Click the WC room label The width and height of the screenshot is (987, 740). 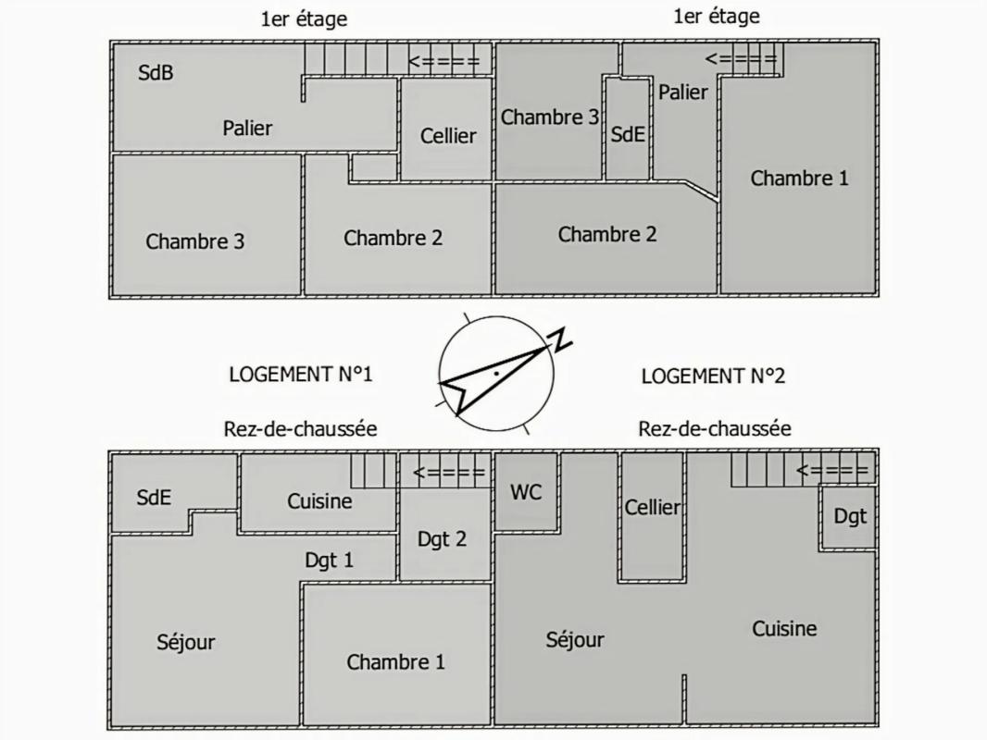click(526, 492)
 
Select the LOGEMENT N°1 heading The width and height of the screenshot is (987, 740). click(300, 375)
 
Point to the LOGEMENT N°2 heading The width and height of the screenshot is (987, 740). click(713, 376)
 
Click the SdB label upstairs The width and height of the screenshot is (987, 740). click(156, 72)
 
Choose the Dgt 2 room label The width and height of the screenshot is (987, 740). click(442, 539)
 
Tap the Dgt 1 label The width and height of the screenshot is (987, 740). click(329, 560)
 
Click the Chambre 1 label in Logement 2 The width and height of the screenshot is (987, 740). click(799, 179)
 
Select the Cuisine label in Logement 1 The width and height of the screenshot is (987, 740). click(319, 500)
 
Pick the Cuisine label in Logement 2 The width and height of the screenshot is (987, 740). click(784, 629)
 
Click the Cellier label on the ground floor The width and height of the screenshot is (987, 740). click(652, 507)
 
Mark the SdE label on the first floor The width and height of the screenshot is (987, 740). click(627, 134)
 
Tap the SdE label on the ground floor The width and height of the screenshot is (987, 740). click(154, 497)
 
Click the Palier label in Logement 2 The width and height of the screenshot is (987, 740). click(682, 92)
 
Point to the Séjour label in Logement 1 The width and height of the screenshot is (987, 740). click(185, 642)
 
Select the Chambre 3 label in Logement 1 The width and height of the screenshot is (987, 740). click(195, 241)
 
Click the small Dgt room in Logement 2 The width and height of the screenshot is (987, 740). click(850, 516)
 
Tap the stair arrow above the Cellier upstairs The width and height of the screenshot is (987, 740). click(445, 62)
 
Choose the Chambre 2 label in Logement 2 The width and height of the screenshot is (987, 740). click(606, 234)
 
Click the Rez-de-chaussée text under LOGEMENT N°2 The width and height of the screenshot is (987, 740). click(714, 428)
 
